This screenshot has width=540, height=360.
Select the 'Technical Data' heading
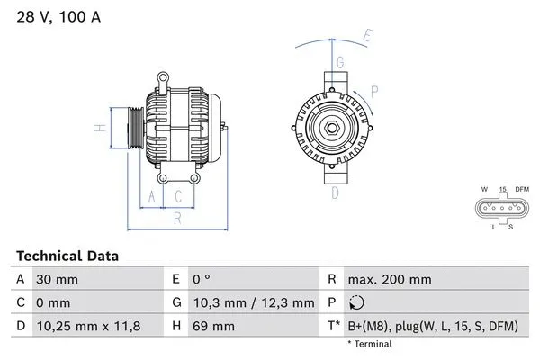[x=67, y=256]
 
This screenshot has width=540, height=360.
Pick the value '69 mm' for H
[x=215, y=326]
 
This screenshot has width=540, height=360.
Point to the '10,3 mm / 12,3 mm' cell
[x=256, y=303]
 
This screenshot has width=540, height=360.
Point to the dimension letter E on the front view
[x=366, y=36]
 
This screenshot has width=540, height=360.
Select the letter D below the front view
[x=335, y=192]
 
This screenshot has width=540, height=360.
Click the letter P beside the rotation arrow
[x=373, y=89]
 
